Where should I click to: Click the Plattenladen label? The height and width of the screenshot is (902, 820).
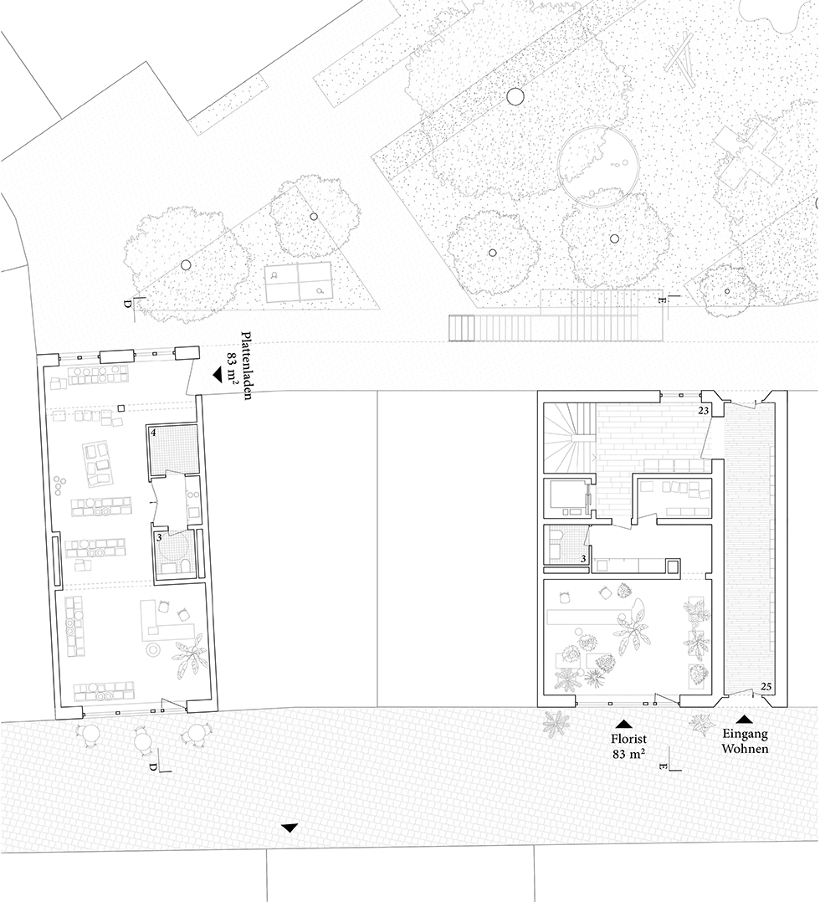click(x=247, y=366)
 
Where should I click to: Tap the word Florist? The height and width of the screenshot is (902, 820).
click(x=628, y=739)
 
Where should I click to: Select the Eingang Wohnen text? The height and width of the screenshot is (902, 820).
click(x=745, y=741)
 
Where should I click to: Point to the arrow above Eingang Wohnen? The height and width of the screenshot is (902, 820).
click(x=745, y=719)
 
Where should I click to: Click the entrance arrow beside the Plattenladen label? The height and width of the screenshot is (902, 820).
click(x=217, y=375)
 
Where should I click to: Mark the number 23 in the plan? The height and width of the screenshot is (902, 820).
click(x=703, y=411)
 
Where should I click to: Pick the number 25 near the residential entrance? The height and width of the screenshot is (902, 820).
click(x=766, y=686)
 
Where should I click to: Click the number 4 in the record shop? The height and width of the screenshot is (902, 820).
click(x=154, y=433)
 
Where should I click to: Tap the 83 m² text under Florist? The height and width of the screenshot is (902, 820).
click(x=628, y=753)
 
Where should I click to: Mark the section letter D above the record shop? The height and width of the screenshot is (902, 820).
click(x=127, y=303)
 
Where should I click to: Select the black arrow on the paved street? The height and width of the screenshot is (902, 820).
click(x=290, y=828)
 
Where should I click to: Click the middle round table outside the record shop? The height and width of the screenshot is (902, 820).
click(x=144, y=738)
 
